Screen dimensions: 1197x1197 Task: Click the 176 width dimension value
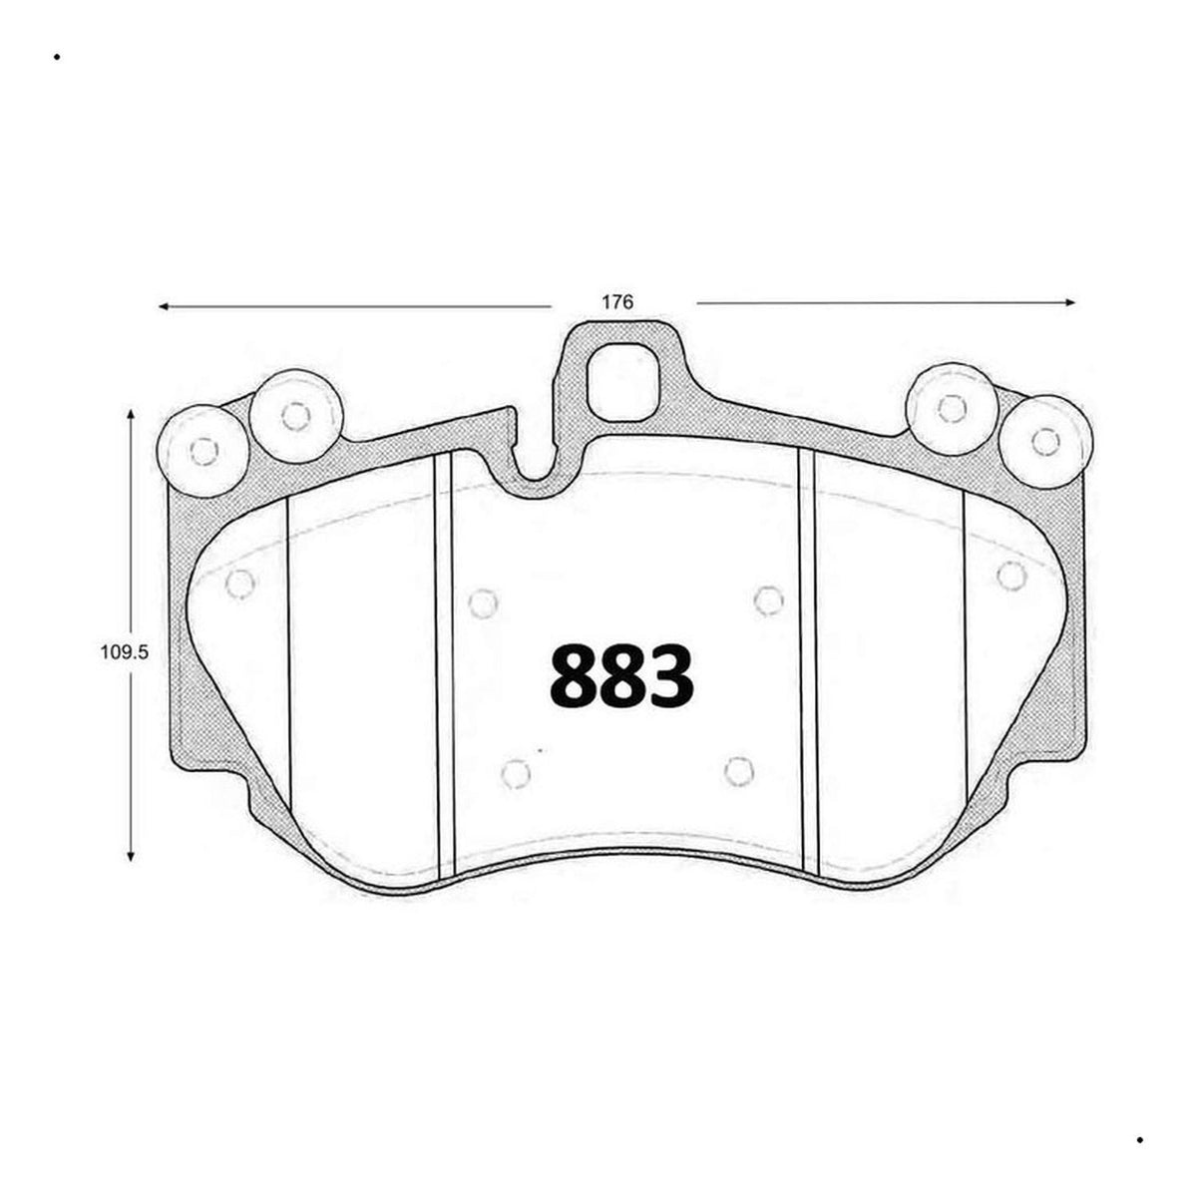[616, 302]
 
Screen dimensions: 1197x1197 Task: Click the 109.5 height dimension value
[125, 652]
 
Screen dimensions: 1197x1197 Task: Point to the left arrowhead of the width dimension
[165, 306]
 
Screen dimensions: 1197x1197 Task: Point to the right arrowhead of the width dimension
[1070, 302]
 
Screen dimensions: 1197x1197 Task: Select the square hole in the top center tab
[624, 381]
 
